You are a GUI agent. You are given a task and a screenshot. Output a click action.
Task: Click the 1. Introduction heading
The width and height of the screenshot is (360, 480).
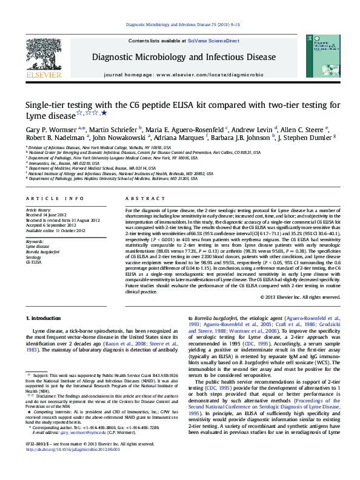[x=46, y=318]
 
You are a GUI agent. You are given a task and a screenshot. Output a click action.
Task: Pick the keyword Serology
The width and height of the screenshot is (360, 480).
[x=34, y=258]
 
